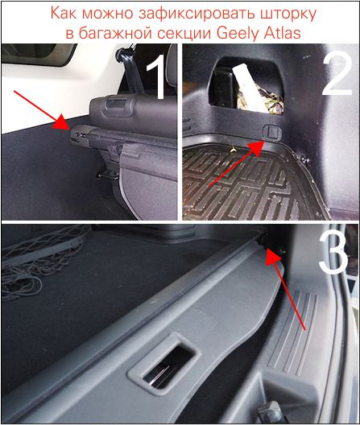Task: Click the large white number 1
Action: [157, 76]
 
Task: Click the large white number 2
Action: [337, 74]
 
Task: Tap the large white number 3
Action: [333, 251]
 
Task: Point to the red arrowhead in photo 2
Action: [255, 147]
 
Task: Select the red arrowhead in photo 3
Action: [273, 257]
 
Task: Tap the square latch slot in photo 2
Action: [272, 132]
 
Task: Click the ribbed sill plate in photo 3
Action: [293, 330]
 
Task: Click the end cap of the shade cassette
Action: [78, 134]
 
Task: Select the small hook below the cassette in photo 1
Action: [108, 175]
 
